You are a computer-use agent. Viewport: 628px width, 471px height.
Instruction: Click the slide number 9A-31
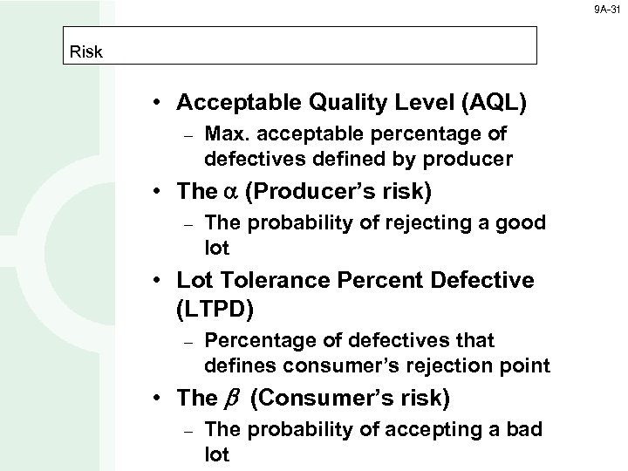coord(608,10)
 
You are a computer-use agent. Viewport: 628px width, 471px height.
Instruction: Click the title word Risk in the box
coord(86,51)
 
